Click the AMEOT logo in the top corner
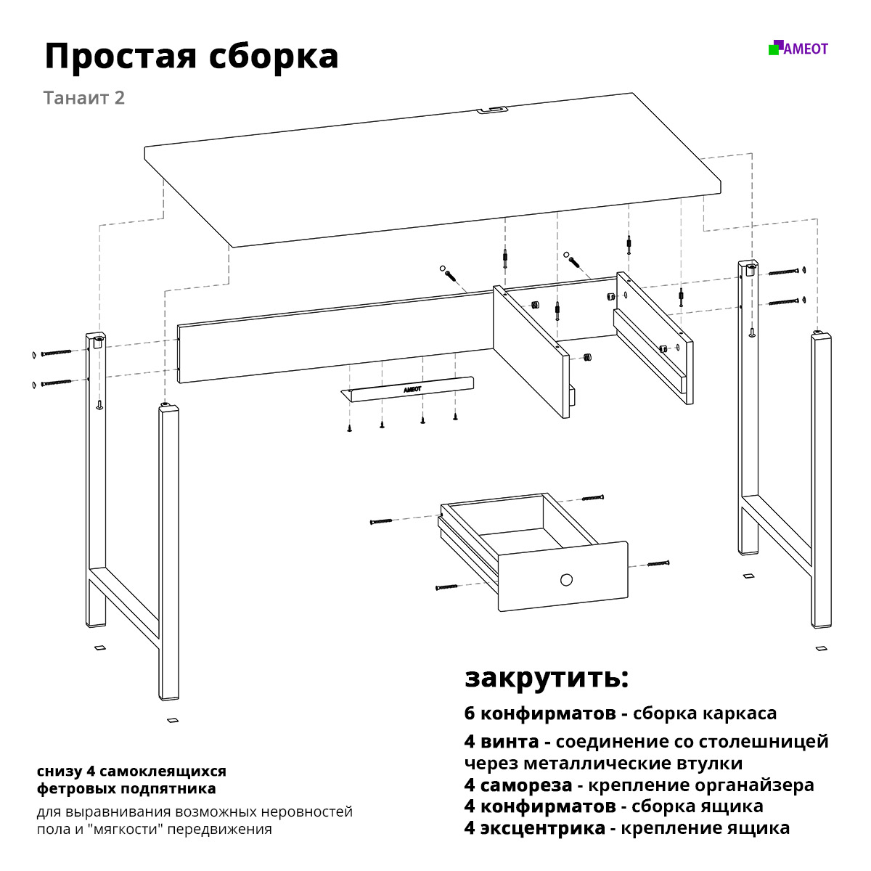[x=798, y=48]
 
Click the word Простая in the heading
[x=121, y=57]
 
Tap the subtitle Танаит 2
[x=84, y=98]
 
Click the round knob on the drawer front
[x=566, y=579]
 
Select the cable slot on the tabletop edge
[x=492, y=110]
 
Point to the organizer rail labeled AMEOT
[x=407, y=390]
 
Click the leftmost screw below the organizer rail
[x=349, y=428]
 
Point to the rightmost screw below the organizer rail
[x=455, y=417]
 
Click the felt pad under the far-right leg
[x=821, y=649]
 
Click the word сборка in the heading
[x=274, y=57]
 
